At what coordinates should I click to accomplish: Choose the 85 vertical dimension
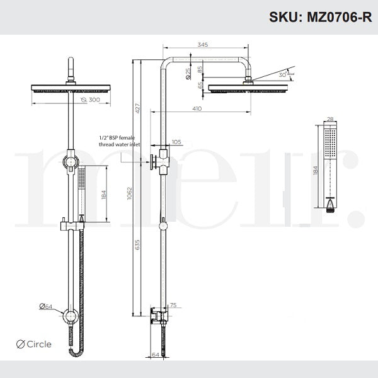point(200,69)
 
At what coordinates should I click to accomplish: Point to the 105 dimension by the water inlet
point(176,142)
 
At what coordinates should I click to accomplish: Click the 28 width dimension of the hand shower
point(329,118)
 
